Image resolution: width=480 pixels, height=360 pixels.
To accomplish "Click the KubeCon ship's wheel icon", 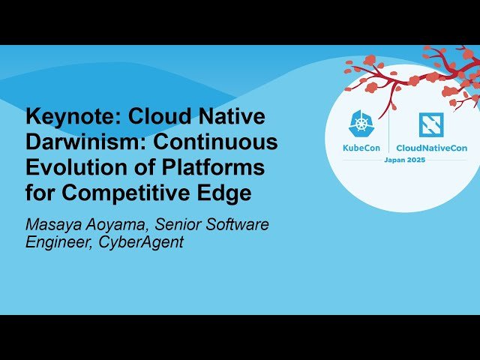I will pyautogui.click(x=361, y=124).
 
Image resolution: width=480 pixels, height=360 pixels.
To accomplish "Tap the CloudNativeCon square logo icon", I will pyautogui.click(x=430, y=124).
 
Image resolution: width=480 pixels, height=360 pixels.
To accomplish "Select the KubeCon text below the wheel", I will pyautogui.click(x=361, y=148).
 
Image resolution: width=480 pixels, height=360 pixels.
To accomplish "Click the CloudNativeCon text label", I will pyautogui.click(x=431, y=148).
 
